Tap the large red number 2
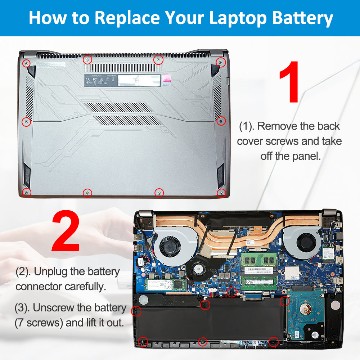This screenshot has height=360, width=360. coord(66,232)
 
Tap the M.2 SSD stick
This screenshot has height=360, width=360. coord(166,285)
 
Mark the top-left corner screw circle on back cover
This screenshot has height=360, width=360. coord(26,64)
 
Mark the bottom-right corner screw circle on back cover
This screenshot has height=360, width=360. coord(221,193)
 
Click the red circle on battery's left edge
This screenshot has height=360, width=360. coord(136,311)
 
